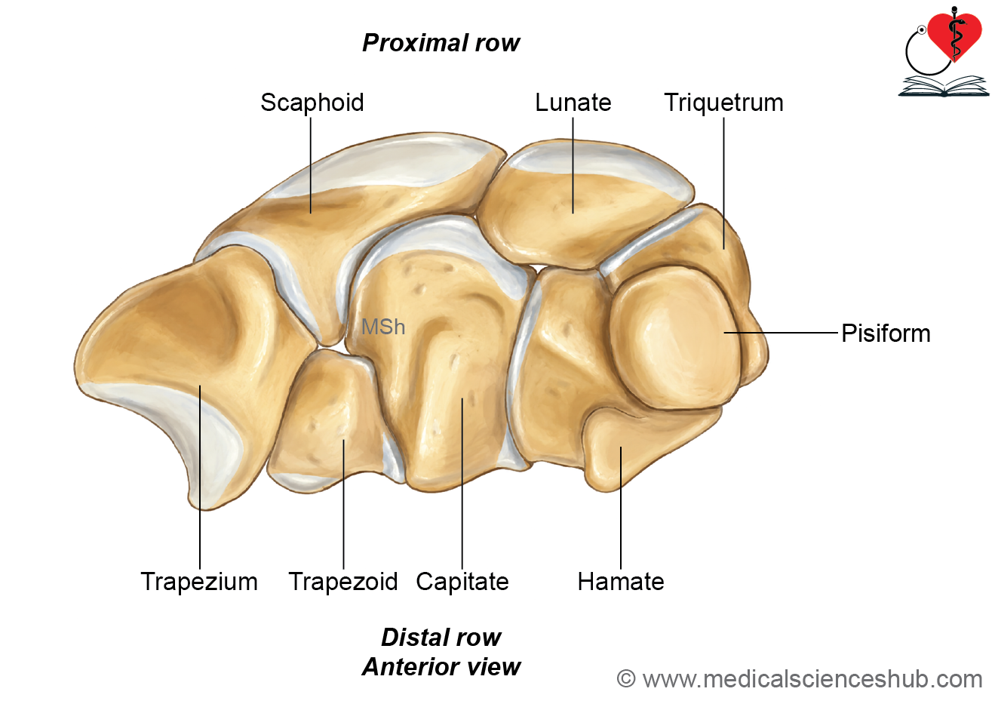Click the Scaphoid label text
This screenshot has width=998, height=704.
click(x=312, y=103)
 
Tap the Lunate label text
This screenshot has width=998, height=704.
click(x=573, y=103)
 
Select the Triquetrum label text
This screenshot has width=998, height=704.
click(x=723, y=103)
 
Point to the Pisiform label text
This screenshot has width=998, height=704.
click(x=886, y=334)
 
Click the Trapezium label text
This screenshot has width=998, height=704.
click(x=199, y=582)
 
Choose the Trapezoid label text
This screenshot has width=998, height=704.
click(x=343, y=582)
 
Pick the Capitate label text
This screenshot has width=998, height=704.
click(x=462, y=582)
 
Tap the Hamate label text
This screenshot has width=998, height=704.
click(x=621, y=582)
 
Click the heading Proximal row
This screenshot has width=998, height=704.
click(x=441, y=43)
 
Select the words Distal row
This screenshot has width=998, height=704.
click(x=441, y=637)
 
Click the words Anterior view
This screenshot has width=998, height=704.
click(x=441, y=667)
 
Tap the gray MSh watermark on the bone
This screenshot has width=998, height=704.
click(x=383, y=327)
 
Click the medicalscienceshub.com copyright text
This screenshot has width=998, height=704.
click(x=800, y=680)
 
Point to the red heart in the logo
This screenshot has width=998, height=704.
click(x=955, y=36)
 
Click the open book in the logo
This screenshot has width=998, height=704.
click(x=944, y=86)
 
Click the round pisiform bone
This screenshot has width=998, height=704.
click(x=675, y=338)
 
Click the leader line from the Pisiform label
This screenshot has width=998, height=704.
click(x=781, y=333)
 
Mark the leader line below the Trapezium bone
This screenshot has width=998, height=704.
click(x=200, y=477)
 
